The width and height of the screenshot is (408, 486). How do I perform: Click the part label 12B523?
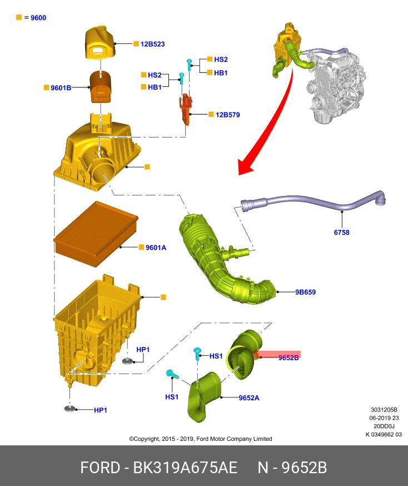(152, 44)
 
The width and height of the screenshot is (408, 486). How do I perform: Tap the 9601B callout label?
(61, 88)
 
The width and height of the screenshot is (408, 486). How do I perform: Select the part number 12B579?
(227, 115)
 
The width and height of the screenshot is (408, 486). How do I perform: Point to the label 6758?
(341, 233)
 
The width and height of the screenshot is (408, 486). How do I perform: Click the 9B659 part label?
(305, 292)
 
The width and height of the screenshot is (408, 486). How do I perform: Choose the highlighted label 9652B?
(288, 358)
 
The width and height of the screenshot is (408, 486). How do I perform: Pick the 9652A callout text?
(249, 397)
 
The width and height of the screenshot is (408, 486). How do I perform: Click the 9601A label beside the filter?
(156, 247)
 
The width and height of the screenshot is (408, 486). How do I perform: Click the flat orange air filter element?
(96, 233)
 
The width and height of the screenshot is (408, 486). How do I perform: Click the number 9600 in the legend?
(38, 18)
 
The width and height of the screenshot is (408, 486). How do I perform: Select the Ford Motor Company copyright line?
(201, 439)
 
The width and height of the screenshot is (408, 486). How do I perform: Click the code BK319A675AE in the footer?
(185, 468)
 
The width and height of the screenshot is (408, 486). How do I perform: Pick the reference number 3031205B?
(384, 410)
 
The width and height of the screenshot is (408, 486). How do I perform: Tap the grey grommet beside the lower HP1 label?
(70, 409)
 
